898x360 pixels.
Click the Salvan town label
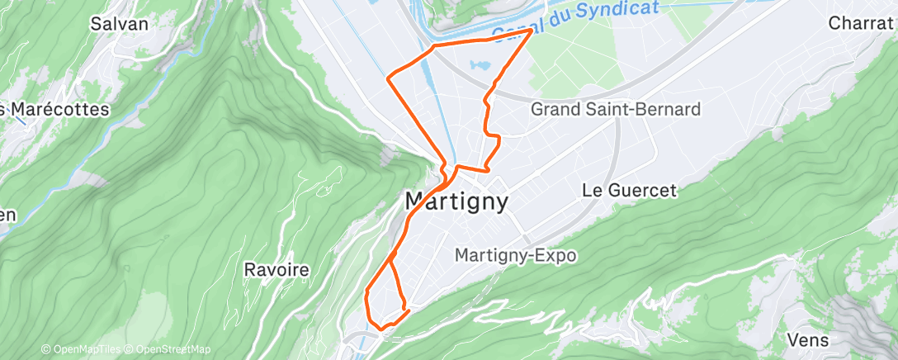click(x=121, y=23)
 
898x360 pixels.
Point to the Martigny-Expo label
click(x=516, y=256)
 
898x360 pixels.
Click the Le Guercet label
click(x=629, y=191)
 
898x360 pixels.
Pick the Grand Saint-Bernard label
click(x=615, y=109)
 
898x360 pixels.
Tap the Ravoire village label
click(x=276, y=270)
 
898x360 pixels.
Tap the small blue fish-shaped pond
click(x=478, y=64)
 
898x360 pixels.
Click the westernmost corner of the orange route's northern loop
click(x=389, y=78)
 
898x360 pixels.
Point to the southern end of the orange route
click(x=380, y=328)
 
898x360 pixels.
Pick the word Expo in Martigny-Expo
click(x=558, y=256)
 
